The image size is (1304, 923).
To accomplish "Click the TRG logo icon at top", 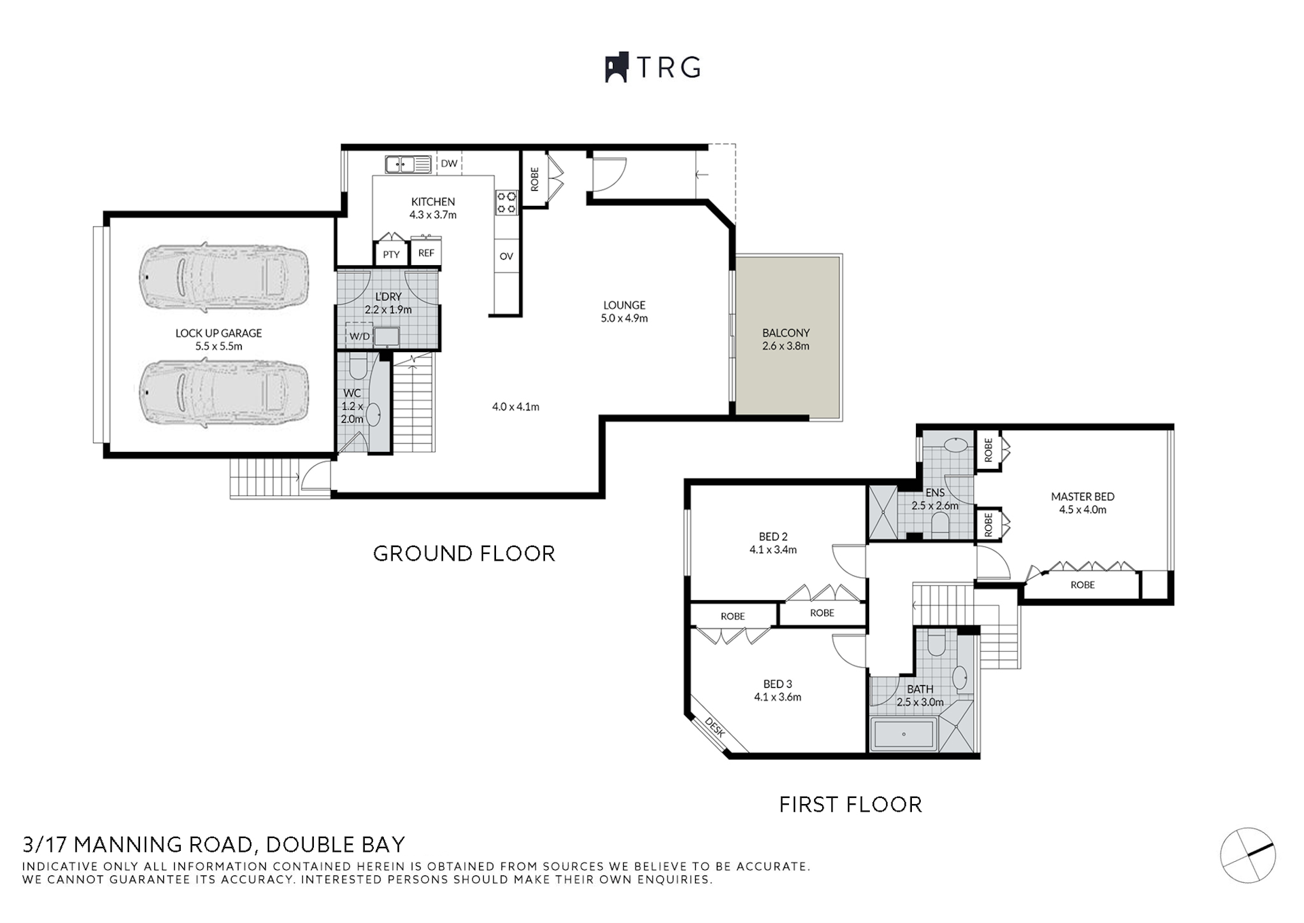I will tap(616, 68).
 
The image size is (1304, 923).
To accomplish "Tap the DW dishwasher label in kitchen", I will tap(449, 164).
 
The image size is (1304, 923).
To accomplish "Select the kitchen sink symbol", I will tap(408, 164).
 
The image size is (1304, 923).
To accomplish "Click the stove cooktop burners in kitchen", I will tap(506, 202).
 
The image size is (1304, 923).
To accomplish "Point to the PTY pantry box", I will tap(391, 254).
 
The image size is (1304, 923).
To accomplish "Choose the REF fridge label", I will tap(426, 253).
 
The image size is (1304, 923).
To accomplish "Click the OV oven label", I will tap(506, 256).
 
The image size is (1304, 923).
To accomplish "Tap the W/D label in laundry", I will tap(359, 336).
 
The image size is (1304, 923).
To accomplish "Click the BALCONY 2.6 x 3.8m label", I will tap(786, 339).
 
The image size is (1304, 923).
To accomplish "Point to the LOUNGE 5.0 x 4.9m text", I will tap(624, 311).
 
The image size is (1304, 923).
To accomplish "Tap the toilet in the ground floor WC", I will tap(357, 369).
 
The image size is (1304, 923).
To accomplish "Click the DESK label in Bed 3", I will tap(715, 728).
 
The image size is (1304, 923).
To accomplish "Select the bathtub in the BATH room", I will tap(904, 735).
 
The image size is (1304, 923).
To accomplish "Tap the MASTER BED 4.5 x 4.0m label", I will tap(1082, 503).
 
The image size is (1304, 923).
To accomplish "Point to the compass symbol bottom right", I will tap(1248, 855).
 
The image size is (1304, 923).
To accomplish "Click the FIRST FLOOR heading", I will tap(850, 805).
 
